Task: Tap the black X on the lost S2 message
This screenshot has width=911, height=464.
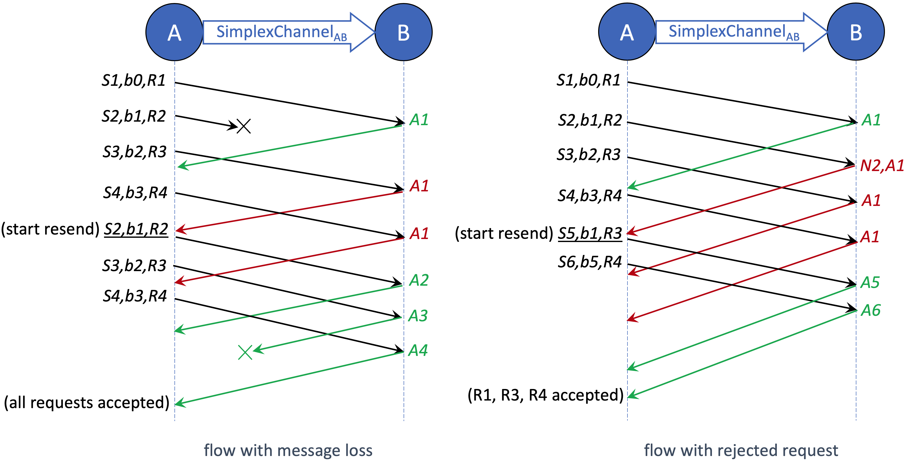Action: (x=244, y=126)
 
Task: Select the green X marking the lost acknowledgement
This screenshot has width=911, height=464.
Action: (x=245, y=352)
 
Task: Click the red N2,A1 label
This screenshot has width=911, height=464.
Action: (x=882, y=166)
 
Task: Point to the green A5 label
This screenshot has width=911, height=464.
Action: (x=870, y=282)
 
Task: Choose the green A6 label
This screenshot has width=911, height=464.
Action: (x=871, y=311)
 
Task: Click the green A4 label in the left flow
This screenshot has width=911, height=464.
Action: (x=418, y=350)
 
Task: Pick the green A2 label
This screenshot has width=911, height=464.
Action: (x=419, y=280)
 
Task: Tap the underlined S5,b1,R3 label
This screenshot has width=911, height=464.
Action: (x=590, y=233)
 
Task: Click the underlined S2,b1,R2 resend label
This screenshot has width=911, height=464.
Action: (x=136, y=229)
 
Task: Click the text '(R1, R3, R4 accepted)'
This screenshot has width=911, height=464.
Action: (x=545, y=395)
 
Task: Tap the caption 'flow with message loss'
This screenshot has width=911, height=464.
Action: (x=288, y=450)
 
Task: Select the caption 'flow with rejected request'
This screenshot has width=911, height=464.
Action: (x=741, y=450)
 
